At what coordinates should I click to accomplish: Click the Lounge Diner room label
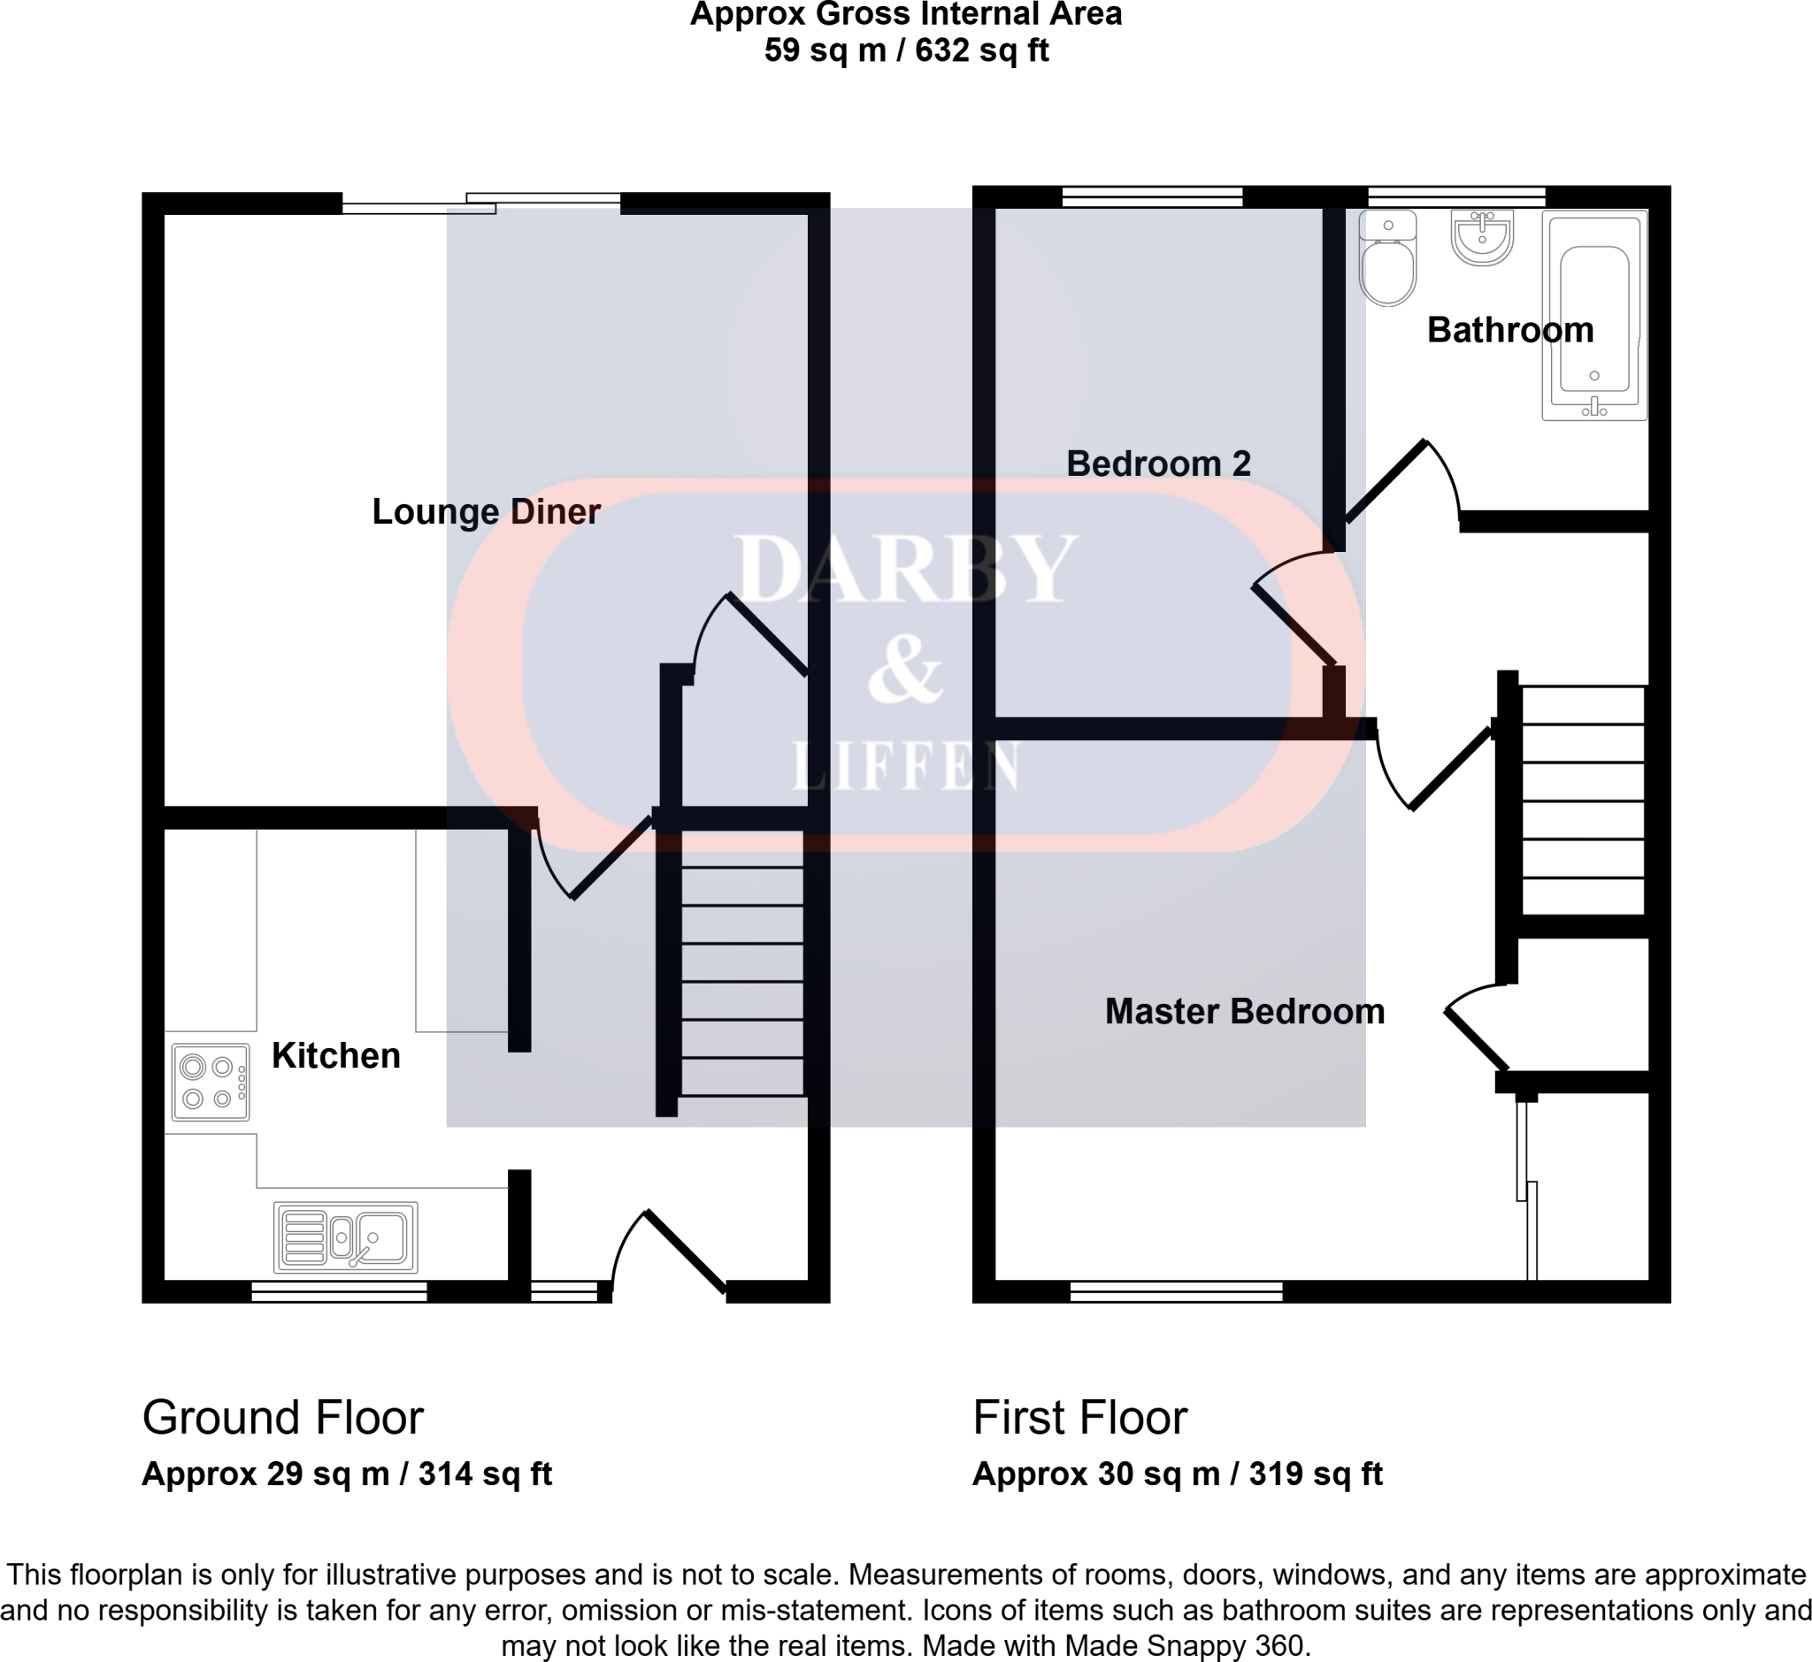(486, 512)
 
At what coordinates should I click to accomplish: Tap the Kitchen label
(335, 1055)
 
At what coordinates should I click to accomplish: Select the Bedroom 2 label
(1158, 464)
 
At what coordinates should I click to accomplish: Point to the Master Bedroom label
(1244, 1012)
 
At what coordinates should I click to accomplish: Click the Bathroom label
(1509, 330)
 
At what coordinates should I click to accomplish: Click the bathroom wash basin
(1482, 237)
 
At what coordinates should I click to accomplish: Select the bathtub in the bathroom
(1593, 317)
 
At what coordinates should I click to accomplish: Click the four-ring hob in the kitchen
(211, 1082)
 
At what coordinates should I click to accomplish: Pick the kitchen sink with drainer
(346, 1237)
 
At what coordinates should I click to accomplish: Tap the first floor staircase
(1582, 800)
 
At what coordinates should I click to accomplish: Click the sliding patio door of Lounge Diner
(481, 203)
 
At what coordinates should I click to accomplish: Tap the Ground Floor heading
(282, 1419)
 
